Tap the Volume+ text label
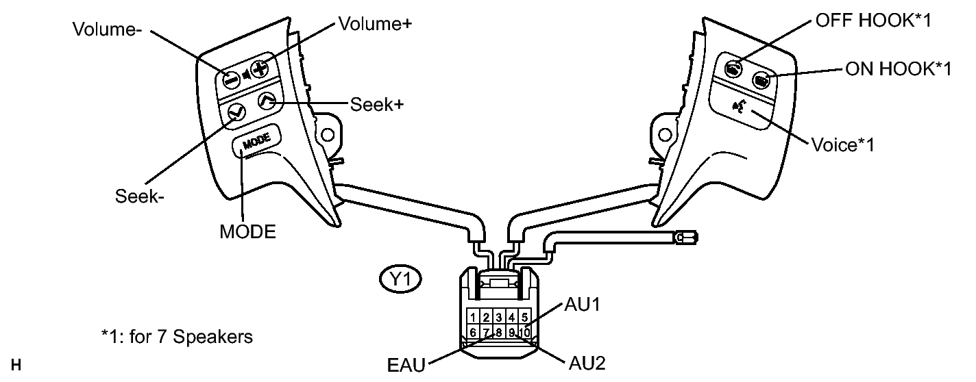(x=371, y=24)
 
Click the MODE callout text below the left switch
(x=247, y=231)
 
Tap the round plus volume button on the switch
(x=258, y=68)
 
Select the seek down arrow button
(x=235, y=111)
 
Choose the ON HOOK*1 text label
(x=897, y=70)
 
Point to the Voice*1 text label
(x=842, y=145)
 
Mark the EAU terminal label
(x=406, y=364)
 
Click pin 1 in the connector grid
(x=473, y=317)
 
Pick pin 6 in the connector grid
(x=473, y=332)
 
